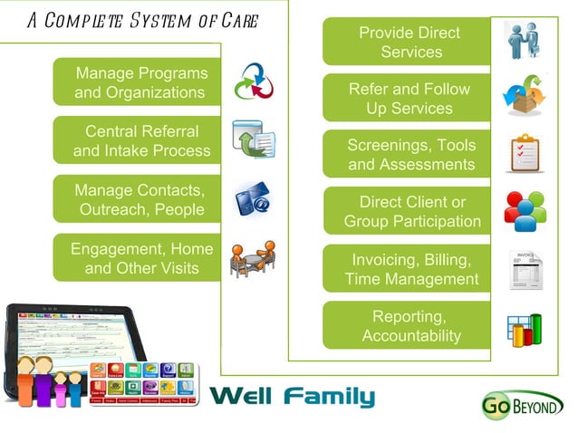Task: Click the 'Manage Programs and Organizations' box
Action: pos(140,82)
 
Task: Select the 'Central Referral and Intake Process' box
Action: pos(141,141)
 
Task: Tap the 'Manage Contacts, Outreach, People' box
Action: pos(140,200)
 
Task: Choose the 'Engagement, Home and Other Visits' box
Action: pos(141,258)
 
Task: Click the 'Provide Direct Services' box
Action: pos(409,43)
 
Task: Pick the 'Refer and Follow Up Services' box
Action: pos(409,99)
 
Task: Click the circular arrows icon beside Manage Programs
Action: pos(253,83)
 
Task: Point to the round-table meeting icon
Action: pos(252,259)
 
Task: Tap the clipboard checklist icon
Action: pos(525,153)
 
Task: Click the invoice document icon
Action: pos(525,269)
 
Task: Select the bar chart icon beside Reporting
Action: pos(525,330)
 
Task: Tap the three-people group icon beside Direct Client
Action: pos(525,210)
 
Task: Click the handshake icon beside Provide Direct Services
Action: pos(525,42)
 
